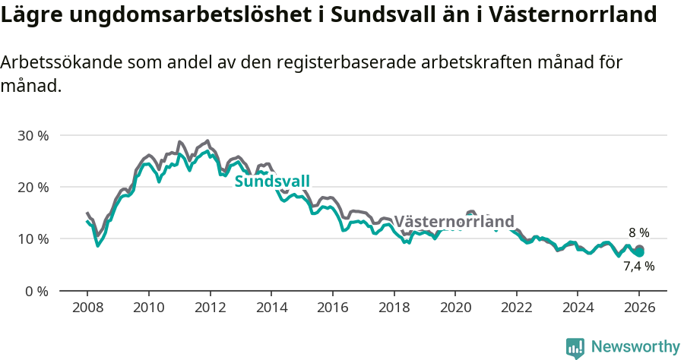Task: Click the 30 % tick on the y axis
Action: click(x=33, y=135)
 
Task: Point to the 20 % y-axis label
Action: click(x=33, y=187)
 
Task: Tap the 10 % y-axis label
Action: click(x=33, y=238)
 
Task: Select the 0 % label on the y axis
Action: click(x=36, y=291)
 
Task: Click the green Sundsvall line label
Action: click(x=272, y=182)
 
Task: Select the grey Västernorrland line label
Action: click(x=454, y=222)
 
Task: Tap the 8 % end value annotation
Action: click(x=638, y=233)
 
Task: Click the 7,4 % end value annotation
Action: click(x=638, y=267)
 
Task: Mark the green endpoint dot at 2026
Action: click(x=639, y=252)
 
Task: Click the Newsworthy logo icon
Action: click(x=575, y=348)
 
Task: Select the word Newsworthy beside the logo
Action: click(x=635, y=347)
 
